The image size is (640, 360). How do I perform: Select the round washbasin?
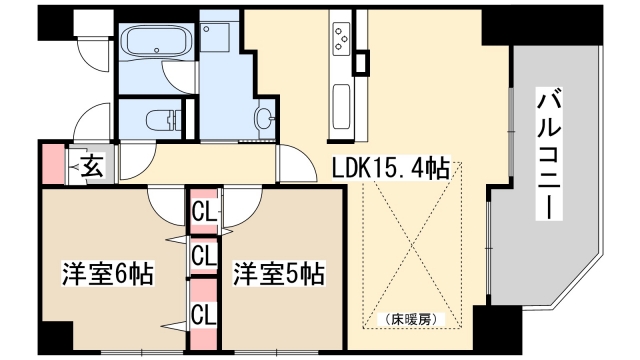[x=262, y=117]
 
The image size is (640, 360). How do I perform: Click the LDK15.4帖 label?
[x=390, y=169]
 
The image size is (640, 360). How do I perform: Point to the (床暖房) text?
[x=411, y=320]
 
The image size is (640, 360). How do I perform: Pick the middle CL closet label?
[x=204, y=255]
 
